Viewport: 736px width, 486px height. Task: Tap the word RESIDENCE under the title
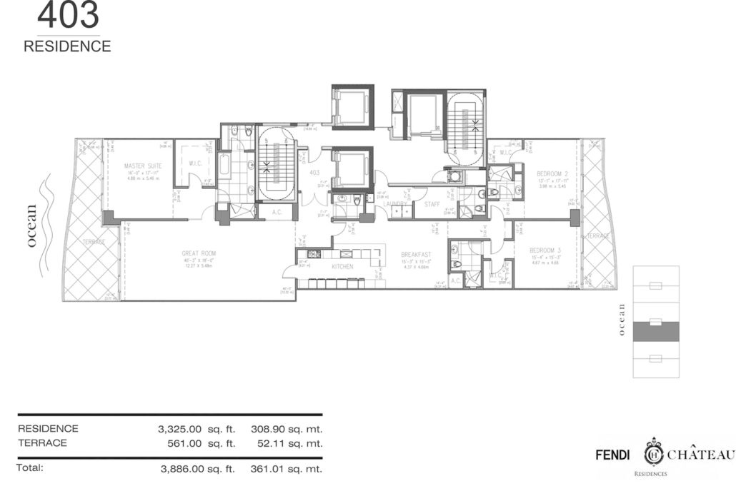click(67, 47)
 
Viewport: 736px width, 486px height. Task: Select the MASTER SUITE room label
click(139, 166)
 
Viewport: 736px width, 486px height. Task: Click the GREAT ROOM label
click(199, 253)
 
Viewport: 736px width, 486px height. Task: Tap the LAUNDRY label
click(394, 203)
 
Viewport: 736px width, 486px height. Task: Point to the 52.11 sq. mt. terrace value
click(287, 443)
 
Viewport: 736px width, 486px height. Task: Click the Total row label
click(31, 468)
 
